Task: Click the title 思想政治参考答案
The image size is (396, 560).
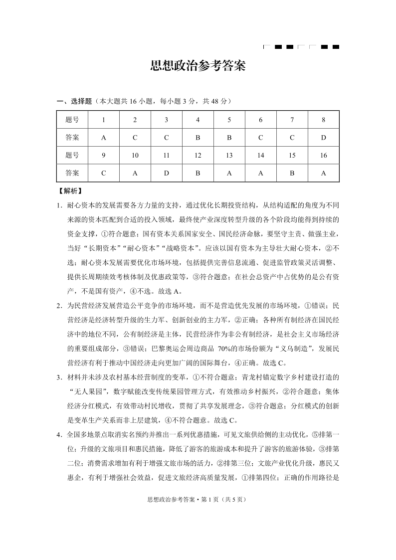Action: coord(198,67)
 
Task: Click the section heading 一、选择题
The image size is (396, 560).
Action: coord(75,101)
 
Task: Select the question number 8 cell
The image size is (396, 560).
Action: coord(323,120)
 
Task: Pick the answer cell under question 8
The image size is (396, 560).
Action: coord(323,138)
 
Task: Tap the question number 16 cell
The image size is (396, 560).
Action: coord(323,156)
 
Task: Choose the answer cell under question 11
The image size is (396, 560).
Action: coord(166,174)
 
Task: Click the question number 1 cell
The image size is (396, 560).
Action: coord(103,120)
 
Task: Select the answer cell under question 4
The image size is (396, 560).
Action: coord(198,138)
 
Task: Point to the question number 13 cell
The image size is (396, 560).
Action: coord(229,156)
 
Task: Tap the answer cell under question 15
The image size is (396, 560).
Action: coord(292,174)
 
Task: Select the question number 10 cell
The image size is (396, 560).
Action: coord(135,156)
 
